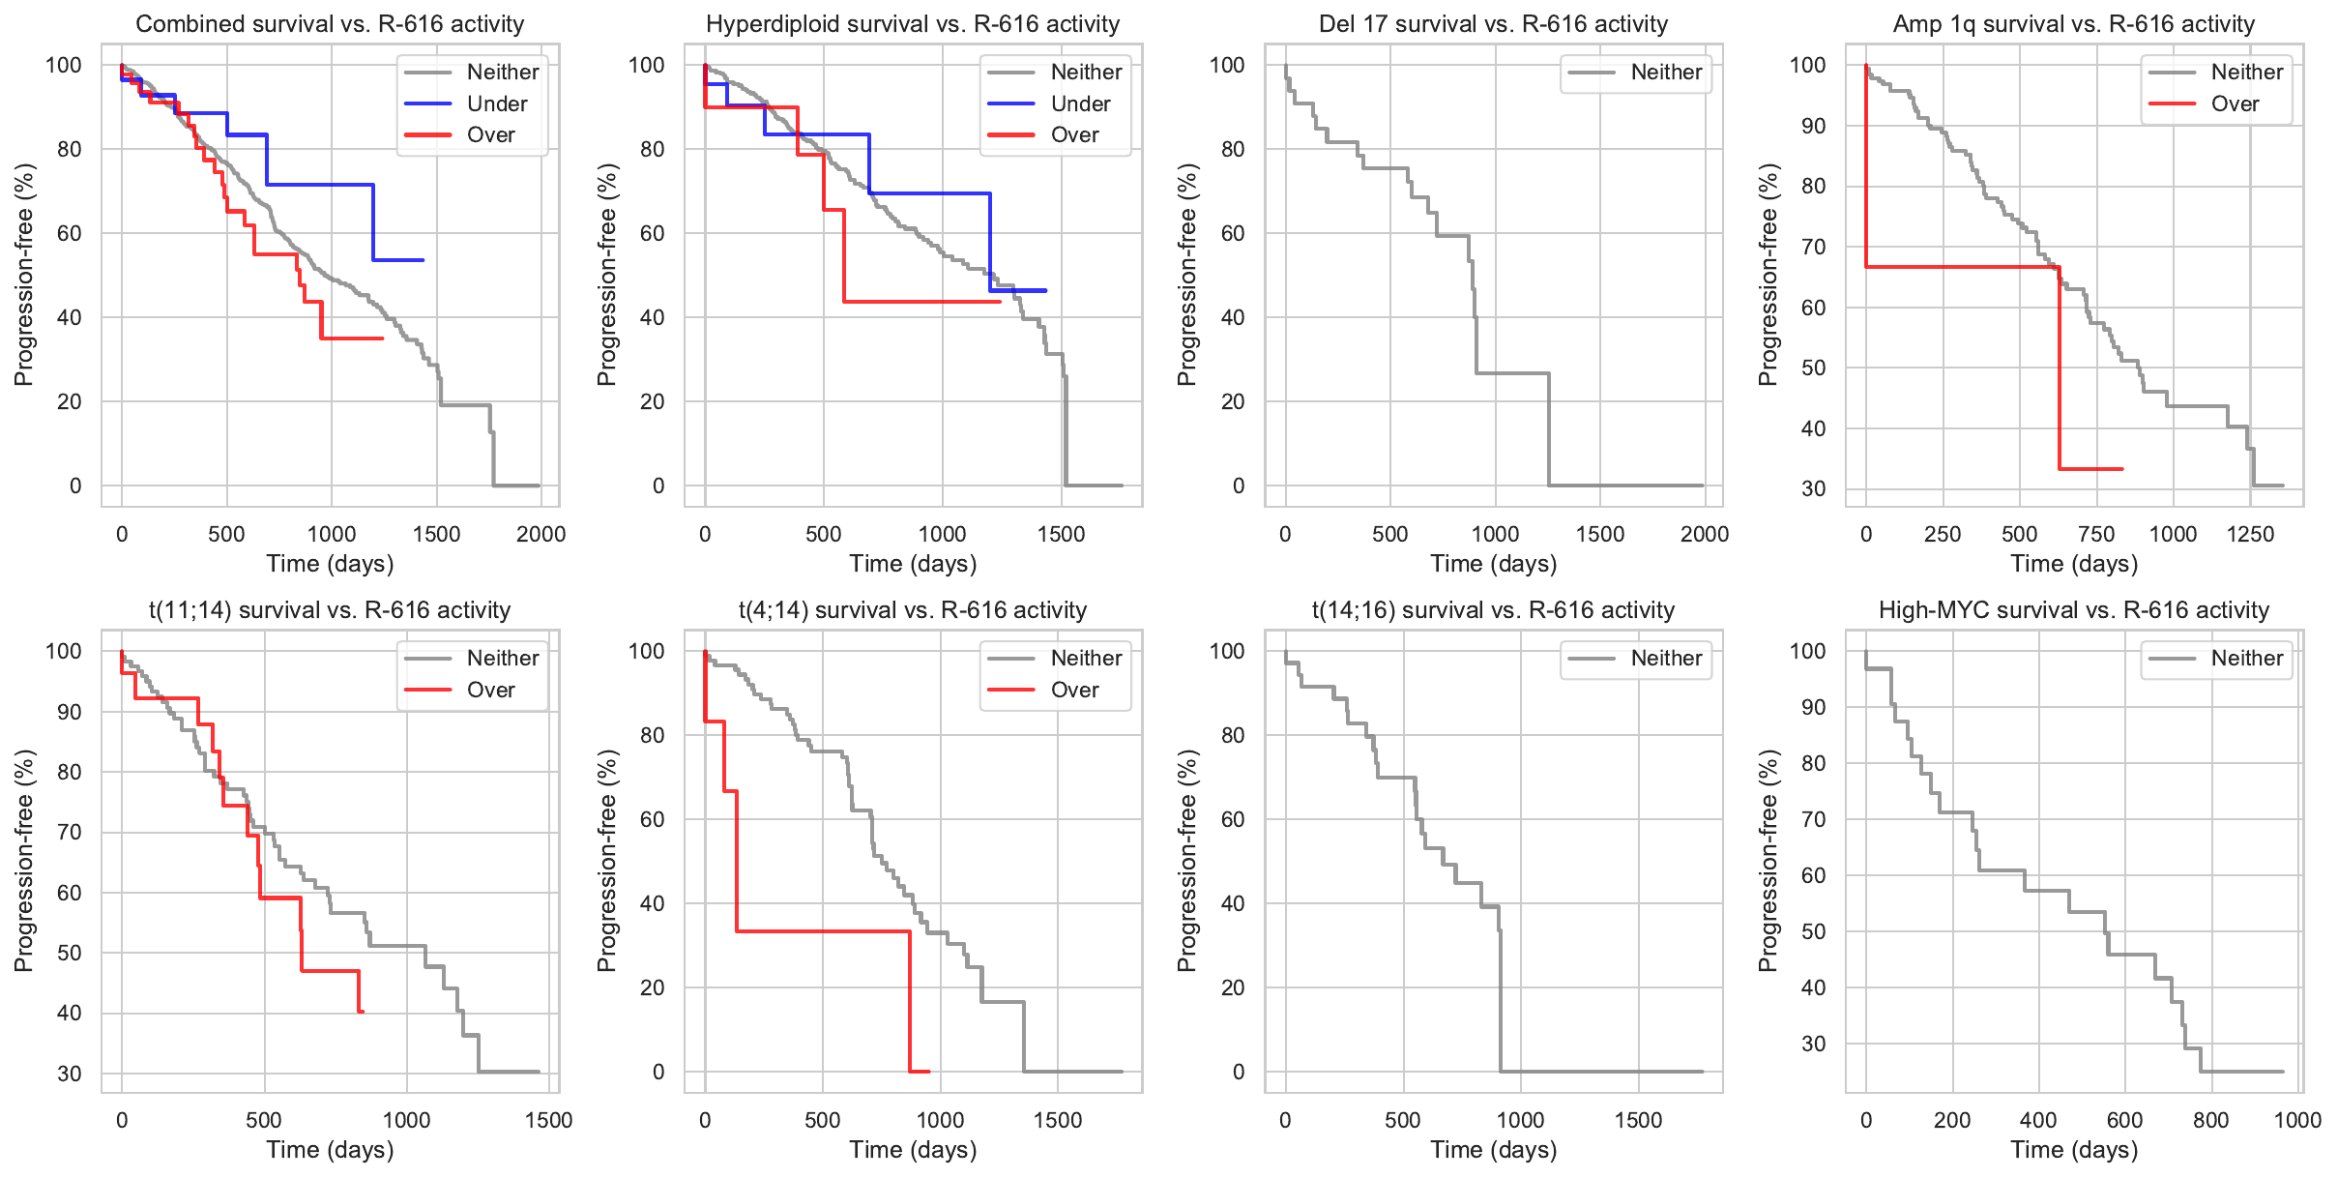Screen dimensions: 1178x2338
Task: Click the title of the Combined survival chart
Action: point(330,23)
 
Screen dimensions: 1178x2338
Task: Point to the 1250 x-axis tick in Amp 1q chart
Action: point(2250,534)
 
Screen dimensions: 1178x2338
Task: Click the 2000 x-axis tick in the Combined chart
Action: point(541,534)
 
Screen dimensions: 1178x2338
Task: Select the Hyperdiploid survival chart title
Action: point(913,23)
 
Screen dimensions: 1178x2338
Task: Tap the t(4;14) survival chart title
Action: point(913,610)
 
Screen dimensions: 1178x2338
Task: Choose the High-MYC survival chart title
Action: point(2074,610)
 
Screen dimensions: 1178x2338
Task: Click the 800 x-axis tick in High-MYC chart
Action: point(2210,1120)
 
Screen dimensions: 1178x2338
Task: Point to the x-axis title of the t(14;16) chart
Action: point(1494,1150)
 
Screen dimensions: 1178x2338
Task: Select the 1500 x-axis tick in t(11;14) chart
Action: point(548,1120)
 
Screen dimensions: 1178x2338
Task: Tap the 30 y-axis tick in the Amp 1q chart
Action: point(1814,488)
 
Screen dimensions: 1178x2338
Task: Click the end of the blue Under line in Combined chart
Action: point(423,260)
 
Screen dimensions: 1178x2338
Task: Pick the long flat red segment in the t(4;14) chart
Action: point(822,931)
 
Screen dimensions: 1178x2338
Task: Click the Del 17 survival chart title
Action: point(1493,23)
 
